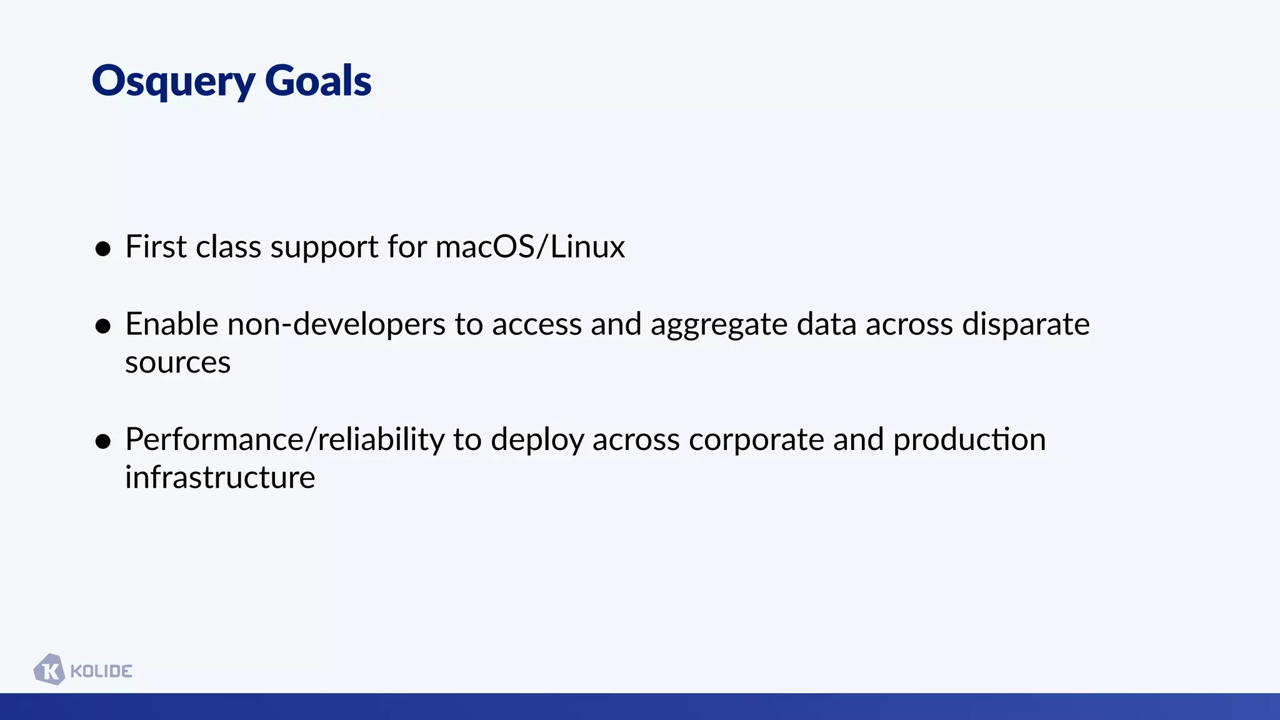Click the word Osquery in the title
pos(173,81)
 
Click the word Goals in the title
pos(317,81)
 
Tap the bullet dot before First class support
pos(103,249)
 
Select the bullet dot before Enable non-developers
pos(103,326)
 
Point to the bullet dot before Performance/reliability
pos(103,442)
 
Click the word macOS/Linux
pos(530,247)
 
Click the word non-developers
pos(336,324)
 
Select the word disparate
pos(1026,324)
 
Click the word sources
pos(177,363)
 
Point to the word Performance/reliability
pos(284,439)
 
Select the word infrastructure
pos(220,478)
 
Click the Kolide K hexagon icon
pos(49,670)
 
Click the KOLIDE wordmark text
pos(101,671)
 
